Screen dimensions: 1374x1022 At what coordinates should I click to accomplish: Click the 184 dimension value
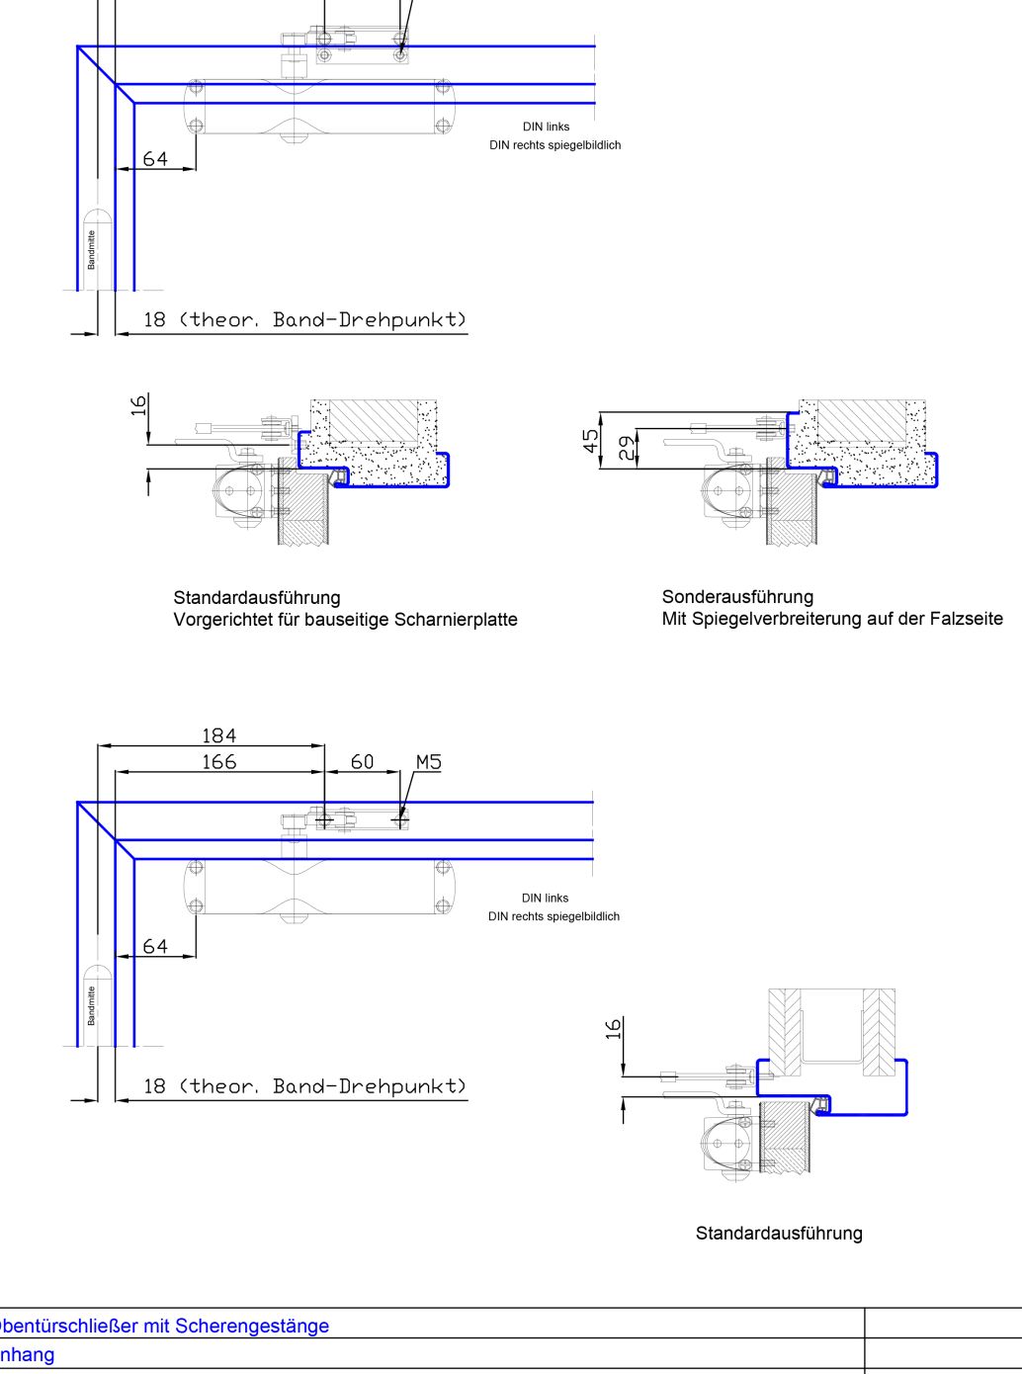[218, 735]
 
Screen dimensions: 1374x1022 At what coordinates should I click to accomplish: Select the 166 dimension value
[218, 761]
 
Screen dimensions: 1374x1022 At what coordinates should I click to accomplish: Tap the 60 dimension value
[363, 761]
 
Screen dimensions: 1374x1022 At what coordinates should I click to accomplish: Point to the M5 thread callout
[428, 761]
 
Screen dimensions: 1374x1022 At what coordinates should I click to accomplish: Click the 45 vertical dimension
[591, 441]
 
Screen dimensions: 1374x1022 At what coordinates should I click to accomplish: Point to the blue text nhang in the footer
[27, 1354]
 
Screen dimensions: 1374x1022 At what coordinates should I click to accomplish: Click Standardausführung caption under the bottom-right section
[779, 1233]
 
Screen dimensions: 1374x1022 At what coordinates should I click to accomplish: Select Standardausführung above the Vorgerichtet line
[257, 597]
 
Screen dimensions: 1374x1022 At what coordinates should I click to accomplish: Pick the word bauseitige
[347, 620]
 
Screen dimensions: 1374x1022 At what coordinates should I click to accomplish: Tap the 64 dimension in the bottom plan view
[155, 946]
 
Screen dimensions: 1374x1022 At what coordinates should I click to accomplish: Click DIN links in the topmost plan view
[546, 127]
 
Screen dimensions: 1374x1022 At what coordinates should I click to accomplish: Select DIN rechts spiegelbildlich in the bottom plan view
[554, 916]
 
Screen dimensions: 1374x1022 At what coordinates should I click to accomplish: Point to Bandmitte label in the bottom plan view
[92, 1005]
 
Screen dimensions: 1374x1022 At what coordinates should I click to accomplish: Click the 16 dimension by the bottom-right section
[614, 1029]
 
